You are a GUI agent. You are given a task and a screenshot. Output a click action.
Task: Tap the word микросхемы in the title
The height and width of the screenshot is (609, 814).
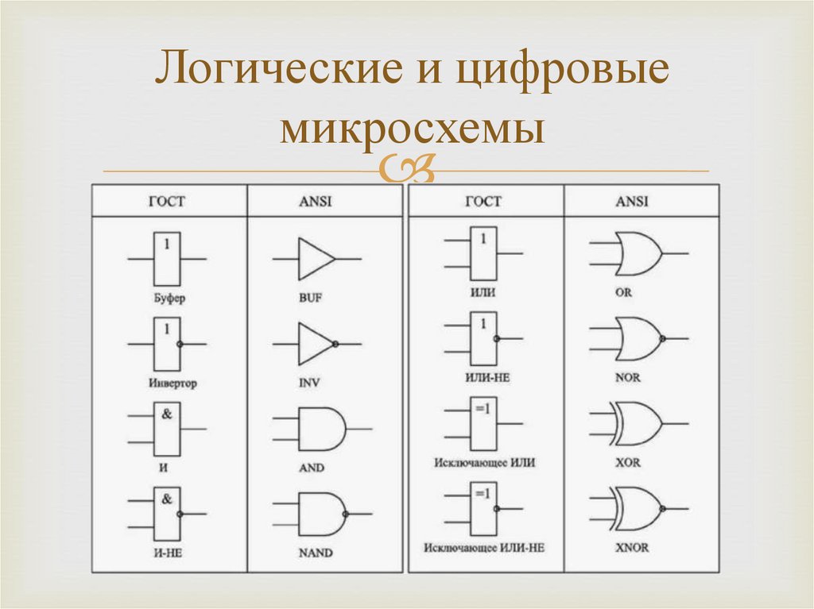click(x=412, y=129)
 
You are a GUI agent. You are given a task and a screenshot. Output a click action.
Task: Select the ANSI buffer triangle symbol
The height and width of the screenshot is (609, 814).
click(x=316, y=259)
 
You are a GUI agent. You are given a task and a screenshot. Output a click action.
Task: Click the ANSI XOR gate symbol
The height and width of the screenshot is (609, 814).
click(x=636, y=424)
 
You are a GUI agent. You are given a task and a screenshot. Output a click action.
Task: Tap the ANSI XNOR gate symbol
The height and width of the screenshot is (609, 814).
click(x=637, y=509)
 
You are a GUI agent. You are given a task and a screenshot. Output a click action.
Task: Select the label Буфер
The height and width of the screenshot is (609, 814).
click(x=166, y=299)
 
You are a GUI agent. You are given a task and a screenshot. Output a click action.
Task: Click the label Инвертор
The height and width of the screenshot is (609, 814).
click(x=172, y=384)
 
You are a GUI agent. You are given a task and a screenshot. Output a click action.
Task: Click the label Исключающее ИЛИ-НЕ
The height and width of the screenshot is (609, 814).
click(x=484, y=548)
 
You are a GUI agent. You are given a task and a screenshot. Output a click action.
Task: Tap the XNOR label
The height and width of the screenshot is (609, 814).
click(x=632, y=548)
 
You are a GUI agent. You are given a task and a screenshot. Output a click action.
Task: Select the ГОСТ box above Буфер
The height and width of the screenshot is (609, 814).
click(x=167, y=259)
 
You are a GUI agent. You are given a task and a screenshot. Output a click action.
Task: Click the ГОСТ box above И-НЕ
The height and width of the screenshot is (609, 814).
click(x=167, y=514)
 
